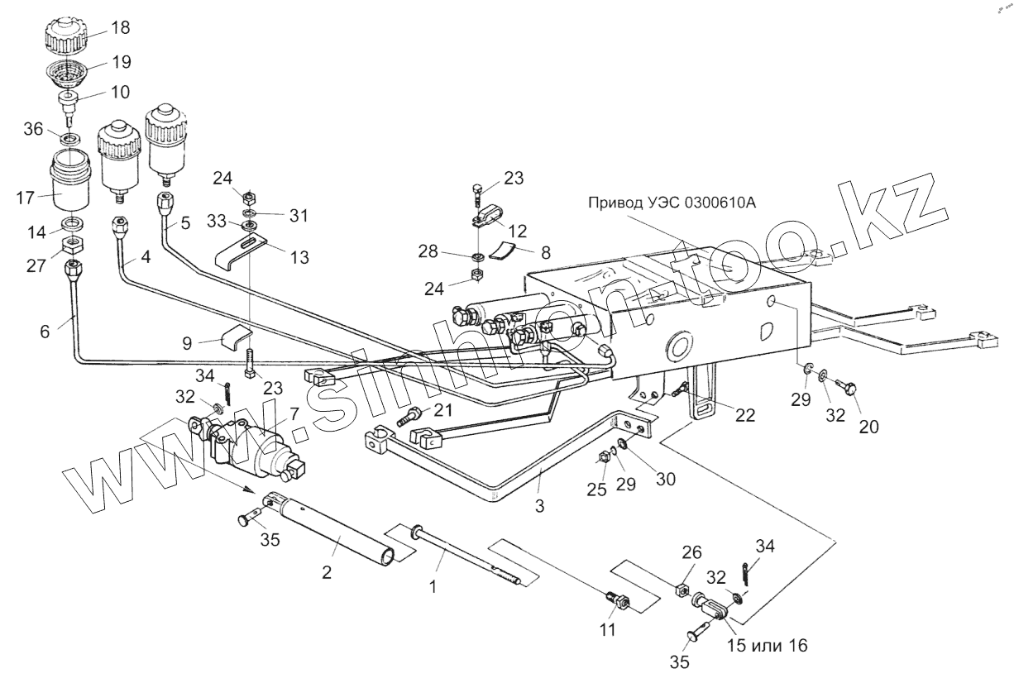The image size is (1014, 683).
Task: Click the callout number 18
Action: click(x=120, y=28)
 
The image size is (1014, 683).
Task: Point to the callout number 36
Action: click(x=33, y=130)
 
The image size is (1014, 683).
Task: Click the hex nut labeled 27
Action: click(x=74, y=245)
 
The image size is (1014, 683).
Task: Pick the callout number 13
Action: click(x=299, y=257)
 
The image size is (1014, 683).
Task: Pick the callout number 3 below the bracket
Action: click(x=539, y=505)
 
